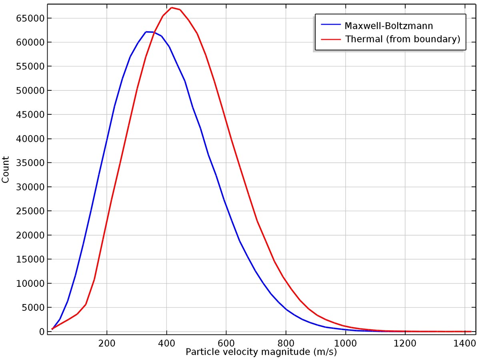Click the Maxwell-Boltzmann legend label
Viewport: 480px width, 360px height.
click(388, 26)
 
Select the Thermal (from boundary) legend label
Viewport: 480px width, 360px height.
click(402, 39)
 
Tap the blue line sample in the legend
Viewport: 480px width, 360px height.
click(331, 26)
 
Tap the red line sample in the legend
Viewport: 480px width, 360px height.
click(331, 39)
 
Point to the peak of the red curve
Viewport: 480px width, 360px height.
click(172, 8)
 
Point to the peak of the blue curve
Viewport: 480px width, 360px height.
click(147, 32)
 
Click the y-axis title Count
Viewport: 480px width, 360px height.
click(6, 170)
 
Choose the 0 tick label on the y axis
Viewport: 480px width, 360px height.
click(41, 332)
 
